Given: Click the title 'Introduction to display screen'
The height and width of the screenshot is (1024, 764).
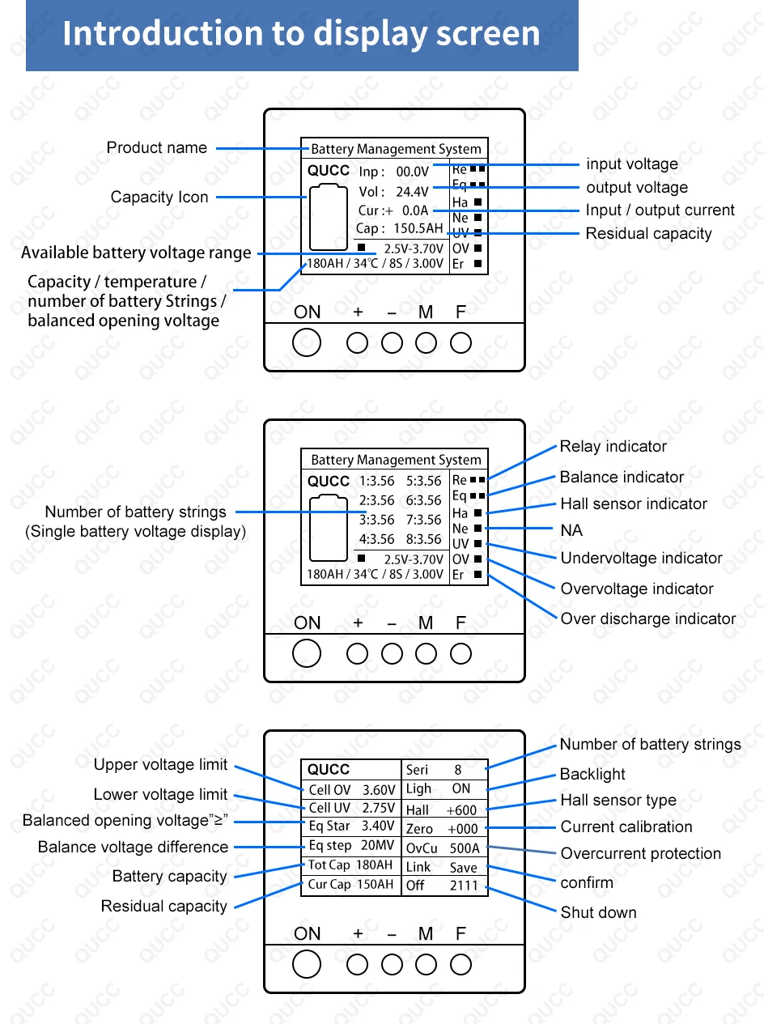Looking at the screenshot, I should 301,34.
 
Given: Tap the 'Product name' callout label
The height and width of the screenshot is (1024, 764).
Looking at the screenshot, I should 156,148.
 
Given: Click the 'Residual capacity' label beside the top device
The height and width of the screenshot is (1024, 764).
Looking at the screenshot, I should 648,234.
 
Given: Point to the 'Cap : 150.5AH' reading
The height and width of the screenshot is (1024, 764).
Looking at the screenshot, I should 400,229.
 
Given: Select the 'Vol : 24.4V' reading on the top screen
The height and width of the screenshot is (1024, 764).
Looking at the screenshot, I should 393,192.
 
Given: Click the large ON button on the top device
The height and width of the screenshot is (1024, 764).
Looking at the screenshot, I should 307,342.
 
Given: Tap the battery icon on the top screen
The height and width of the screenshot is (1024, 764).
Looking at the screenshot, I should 329,217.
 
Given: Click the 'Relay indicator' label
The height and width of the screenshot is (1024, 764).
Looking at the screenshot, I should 613,447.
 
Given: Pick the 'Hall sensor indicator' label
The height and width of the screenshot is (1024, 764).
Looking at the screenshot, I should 633,504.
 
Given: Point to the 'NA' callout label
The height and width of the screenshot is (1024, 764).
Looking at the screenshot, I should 571,531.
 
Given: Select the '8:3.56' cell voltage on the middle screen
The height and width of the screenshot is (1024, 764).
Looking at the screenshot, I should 423,539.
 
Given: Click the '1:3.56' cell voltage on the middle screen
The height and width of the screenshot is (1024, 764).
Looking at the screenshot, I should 376,481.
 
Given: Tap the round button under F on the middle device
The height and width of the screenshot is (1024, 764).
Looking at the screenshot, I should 461,653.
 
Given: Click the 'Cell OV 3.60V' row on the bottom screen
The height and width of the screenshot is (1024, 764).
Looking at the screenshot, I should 351,789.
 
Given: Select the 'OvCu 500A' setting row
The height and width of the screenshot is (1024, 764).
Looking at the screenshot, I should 443,848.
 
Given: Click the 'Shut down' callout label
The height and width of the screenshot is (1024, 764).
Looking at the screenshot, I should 598,913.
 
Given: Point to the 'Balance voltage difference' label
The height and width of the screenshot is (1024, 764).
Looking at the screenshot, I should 133,848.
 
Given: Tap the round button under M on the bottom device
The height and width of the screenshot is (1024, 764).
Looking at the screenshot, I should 426,964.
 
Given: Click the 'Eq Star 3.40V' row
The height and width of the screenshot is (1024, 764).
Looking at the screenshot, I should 351,826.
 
